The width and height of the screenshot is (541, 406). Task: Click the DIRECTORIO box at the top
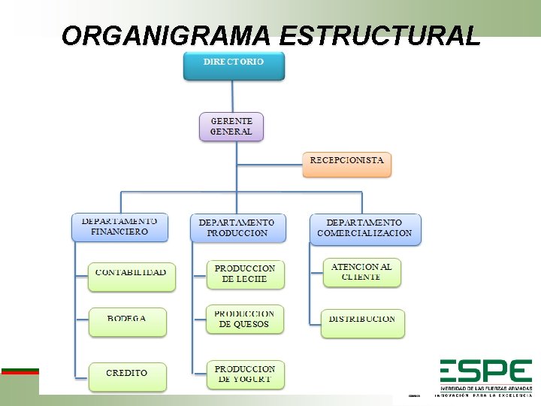[234, 65]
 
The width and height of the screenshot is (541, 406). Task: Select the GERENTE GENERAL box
[231, 126]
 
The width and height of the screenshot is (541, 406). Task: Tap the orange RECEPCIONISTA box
[347, 163]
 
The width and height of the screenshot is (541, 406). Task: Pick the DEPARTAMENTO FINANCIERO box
[119, 227]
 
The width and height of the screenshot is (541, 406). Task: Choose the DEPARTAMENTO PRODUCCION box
[237, 228]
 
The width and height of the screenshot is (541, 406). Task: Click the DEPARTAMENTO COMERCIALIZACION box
[365, 229]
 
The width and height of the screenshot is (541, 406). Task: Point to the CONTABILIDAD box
[131, 276]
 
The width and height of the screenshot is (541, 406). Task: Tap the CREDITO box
[127, 376]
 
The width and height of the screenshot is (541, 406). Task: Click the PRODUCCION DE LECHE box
[245, 274]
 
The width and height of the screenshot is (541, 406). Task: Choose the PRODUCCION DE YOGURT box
[245, 375]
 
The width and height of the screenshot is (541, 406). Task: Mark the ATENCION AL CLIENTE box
[361, 272]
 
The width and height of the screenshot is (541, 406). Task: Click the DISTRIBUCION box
[362, 323]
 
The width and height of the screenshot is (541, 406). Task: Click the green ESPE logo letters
[485, 372]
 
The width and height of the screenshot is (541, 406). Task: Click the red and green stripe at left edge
[20, 371]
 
